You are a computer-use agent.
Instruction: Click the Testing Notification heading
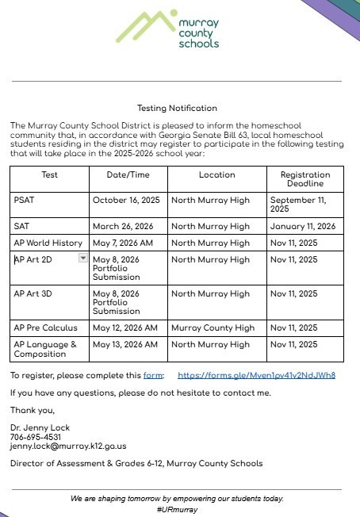pos(177,108)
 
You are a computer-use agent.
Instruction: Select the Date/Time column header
pos(128,174)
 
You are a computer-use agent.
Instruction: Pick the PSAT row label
pos(25,200)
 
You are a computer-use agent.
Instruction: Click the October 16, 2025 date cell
pos(126,200)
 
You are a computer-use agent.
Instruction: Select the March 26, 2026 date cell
pos(122,226)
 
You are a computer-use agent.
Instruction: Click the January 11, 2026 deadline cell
pos(302,226)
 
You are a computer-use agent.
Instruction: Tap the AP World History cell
pos(48,243)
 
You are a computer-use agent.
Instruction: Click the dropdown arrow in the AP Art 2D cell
pos(83,258)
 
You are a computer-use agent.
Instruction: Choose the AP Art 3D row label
pos(33,293)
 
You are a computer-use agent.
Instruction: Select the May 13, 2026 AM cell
pos(125,344)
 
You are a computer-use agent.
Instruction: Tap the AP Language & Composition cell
pos(45,349)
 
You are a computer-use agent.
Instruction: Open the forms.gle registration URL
pos(256,375)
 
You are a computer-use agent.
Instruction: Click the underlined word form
pos(153,375)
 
